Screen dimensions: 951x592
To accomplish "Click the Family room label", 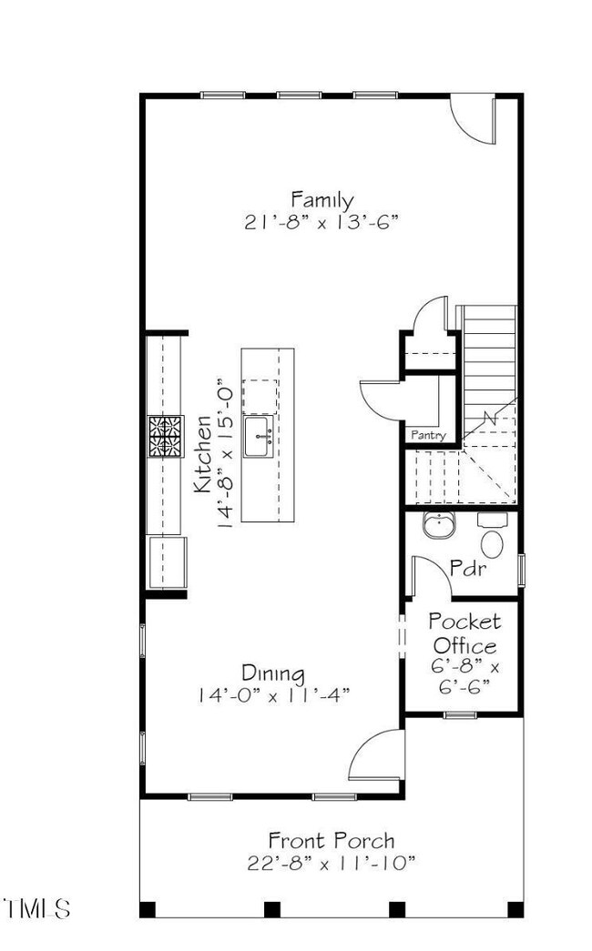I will pyautogui.click(x=322, y=198).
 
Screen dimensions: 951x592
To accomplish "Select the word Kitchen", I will pyautogui.click(x=203, y=454).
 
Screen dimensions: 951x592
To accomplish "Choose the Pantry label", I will pyautogui.click(x=428, y=436).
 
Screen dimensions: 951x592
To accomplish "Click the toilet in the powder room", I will pyautogui.click(x=492, y=541).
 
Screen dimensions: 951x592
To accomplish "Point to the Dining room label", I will pyautogui.click(x=272, y=673).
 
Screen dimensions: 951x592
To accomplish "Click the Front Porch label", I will pyautogui.click(x=331, y=839).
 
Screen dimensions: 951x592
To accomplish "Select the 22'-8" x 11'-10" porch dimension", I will pyautogui.click(x=331, y=862).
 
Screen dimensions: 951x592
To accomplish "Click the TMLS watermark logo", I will pyautogui.click(x=36, y=907).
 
